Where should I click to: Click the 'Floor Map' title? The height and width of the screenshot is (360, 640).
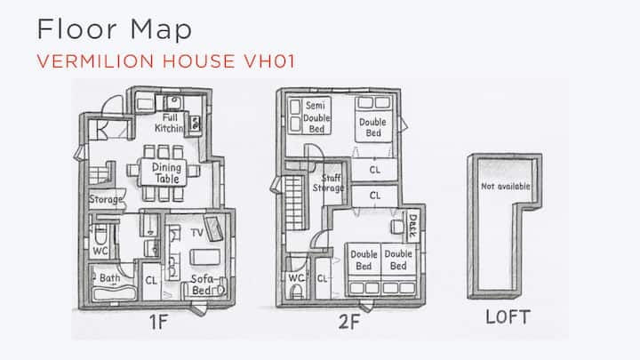[x=115, y=30]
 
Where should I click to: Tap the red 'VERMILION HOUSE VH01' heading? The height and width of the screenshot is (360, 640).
[x=165, y=61]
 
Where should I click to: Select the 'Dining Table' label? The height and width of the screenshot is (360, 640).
[x=165, y=173]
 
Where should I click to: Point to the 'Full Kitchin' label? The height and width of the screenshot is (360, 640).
[x=169, y=123]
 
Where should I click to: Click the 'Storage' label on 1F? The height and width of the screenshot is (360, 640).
[x=106, y=200]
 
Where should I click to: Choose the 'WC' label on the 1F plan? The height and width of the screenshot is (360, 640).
[x=100, y=251]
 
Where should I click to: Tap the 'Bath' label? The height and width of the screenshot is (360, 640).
[x=110, y=278]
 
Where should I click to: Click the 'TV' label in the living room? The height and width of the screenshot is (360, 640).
[x=196, y=233]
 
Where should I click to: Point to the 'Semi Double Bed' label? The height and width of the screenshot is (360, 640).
[x=316, y=117]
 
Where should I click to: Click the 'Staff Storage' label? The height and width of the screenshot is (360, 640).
[x=329, y=183]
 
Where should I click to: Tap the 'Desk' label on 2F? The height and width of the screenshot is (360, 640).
[x=412, y=226]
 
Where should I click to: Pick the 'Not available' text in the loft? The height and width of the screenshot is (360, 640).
[x=505, y=187]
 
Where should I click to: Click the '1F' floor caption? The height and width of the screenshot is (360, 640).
[x=158, y=323]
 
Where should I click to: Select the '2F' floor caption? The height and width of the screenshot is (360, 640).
[x=349, y=322]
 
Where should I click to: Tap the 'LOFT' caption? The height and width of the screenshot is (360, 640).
[x=508, y=317]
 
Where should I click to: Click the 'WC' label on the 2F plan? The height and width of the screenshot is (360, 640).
[x=296, y=278]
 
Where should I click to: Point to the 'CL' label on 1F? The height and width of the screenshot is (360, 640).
[x=151, y=281]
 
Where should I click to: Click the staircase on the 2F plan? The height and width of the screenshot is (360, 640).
[x=294, y=203]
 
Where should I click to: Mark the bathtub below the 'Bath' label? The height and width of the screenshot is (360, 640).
[x=114, y=293]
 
